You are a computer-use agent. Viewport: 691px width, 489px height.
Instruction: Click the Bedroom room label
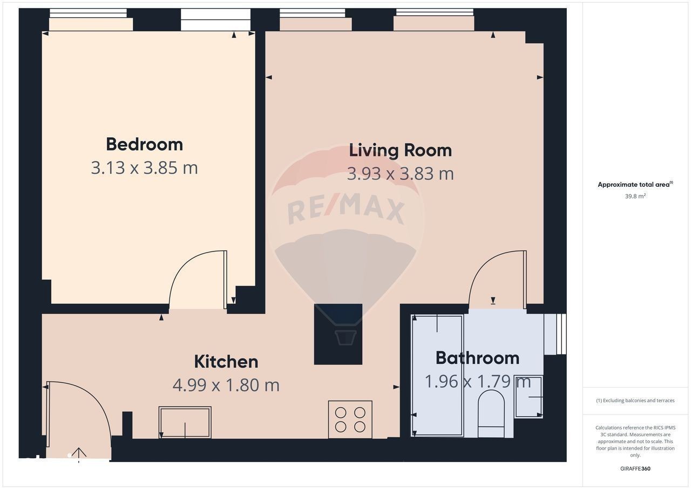point(144,144)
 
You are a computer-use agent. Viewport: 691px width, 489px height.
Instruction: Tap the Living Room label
point(400,151)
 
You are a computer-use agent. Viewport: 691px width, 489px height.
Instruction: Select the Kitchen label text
point(226,362)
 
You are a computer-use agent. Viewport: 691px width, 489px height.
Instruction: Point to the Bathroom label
point(478,358)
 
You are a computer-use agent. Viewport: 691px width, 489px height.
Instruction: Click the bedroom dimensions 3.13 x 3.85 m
point(144,168)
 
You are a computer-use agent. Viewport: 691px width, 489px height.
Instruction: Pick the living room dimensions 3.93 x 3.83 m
point(401,174)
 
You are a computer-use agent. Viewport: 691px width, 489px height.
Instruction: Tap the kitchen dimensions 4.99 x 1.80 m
point(226,385)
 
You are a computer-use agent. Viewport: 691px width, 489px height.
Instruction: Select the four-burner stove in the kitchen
point(350,419)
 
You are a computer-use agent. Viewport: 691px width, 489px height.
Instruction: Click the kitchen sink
point(185,422)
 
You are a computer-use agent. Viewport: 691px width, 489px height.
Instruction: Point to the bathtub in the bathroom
point(437,376)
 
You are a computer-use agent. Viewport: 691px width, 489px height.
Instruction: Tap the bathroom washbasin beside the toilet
point(529,397)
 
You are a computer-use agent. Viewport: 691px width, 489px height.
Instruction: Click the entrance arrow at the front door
point(79,455)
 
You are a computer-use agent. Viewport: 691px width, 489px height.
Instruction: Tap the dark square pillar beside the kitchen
point(338,334)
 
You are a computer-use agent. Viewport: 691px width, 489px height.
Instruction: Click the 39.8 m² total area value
point(635,196)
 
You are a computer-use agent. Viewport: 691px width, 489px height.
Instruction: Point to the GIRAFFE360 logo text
point(635,468)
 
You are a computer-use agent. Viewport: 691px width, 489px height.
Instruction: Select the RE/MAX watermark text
point(346,209)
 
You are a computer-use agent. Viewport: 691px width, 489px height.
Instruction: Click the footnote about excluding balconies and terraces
point(635,400)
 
